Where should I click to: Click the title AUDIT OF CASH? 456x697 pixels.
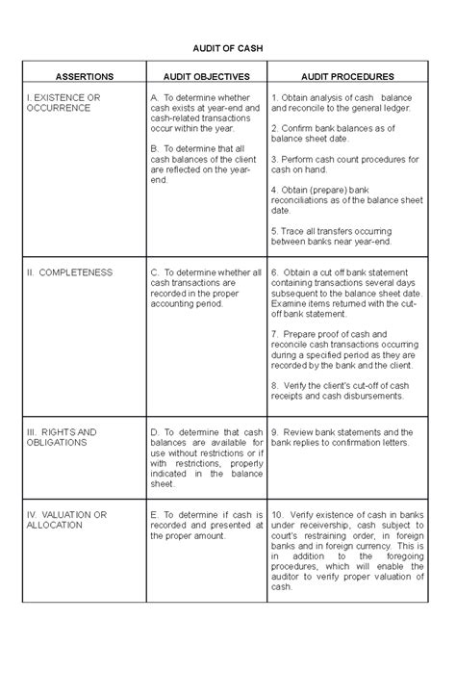click(x=227, y=48)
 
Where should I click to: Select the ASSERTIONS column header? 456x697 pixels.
click(x=84, y=75)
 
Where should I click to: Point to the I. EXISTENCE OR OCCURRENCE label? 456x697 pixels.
click(x=63, y=103)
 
